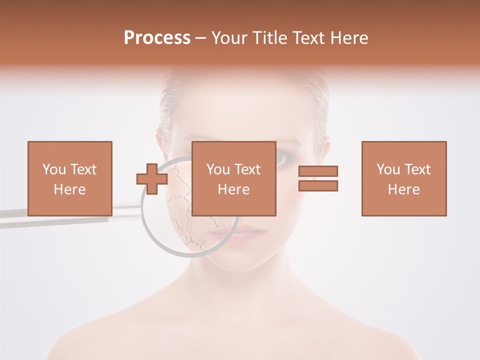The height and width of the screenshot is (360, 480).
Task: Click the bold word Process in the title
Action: click(x=157, y=38)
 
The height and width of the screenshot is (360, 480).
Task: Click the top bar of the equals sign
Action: click(x=318, y=171)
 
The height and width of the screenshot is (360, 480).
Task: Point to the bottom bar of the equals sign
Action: click(x=318, y=185)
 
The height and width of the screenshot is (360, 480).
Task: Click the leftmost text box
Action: click(x=70, y=178)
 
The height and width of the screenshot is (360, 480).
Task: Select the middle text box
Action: click(x=233, y=178)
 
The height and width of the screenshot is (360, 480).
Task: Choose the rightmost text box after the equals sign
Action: click(x=403, y=178)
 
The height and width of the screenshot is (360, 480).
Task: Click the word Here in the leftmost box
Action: click(x=70, y=189)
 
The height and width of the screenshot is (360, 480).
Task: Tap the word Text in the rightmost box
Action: click(x=417, y=169)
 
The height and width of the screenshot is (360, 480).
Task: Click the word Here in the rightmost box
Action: click(x=403, y=189)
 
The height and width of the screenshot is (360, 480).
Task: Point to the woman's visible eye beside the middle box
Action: click(x=283, y=159)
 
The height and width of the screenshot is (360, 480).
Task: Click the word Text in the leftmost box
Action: click(x=83, y=169)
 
